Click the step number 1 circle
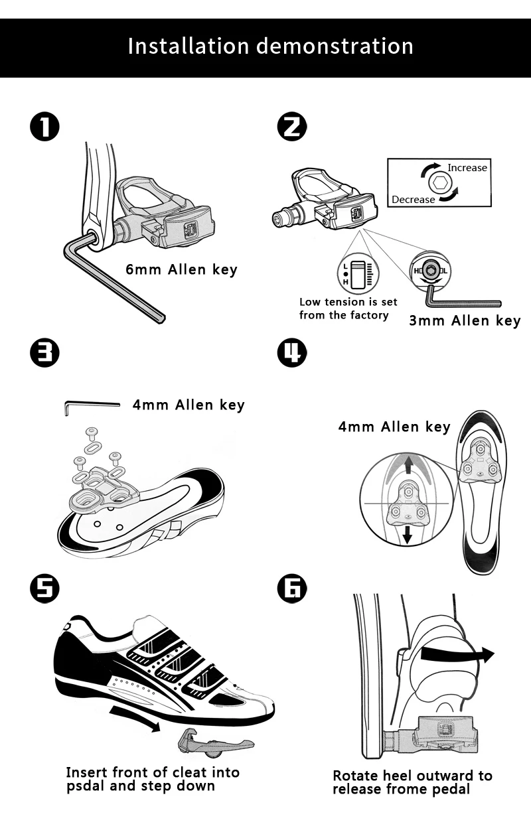pos(44,127)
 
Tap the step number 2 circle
pos(292,127)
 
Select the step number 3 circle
pos(44,353)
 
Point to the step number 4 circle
pos(292,353)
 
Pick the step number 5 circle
pos(44,589)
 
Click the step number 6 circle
pos(292,589)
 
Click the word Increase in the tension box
pos(467,168)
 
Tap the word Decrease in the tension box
pos(413,200)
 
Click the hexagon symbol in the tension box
pos(440,183)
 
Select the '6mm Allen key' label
pos(181,269)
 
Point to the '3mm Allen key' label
pos(465,320)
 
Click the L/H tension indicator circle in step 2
pos(358,273)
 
